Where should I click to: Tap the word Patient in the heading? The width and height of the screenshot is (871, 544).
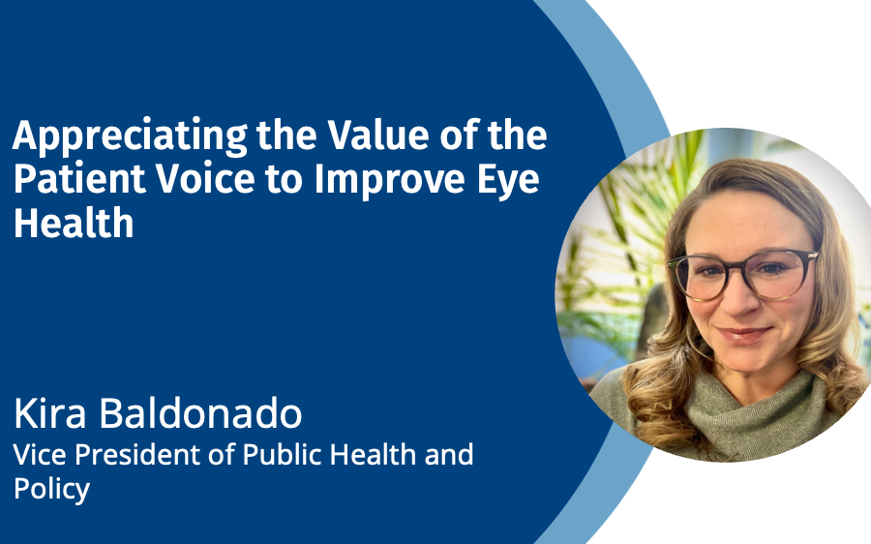pos(79,179)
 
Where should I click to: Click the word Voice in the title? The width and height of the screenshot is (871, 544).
pos(205,179)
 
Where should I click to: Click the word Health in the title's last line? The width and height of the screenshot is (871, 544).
pos(74,223)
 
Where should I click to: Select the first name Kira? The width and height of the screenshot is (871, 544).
pos(50,413)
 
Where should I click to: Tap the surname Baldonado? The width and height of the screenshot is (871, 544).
pos(200,413)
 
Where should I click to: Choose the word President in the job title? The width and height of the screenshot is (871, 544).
pos(138,455)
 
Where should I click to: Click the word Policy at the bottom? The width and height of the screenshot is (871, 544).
pos(51,490)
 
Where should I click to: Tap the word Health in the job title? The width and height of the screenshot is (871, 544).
pos(373,455)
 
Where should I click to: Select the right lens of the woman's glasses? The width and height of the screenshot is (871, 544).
pos(782,272)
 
